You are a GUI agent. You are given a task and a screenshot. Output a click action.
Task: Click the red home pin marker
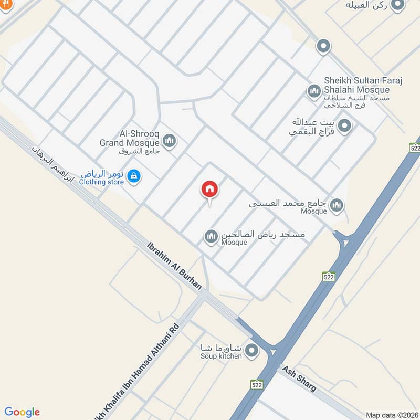point(209,190)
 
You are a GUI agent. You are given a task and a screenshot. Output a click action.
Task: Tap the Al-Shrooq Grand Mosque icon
point(169,141)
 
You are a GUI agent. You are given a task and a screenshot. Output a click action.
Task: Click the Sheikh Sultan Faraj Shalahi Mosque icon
point(314,91)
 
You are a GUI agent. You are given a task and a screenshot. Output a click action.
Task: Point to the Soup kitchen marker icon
point(253,350)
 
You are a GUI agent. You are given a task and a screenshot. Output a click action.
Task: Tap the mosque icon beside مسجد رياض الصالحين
point(211,237)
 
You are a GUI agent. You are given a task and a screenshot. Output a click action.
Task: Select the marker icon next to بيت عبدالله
point(345,125)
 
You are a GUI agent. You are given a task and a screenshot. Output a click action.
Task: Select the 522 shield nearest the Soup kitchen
point(256,385)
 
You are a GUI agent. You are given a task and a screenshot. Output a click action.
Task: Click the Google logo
point(22,412)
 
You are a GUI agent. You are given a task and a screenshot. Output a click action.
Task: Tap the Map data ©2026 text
point(391,415)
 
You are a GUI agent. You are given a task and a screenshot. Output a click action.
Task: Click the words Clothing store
point(102,182)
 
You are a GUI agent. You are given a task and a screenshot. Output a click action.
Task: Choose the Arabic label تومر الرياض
point(102,173)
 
